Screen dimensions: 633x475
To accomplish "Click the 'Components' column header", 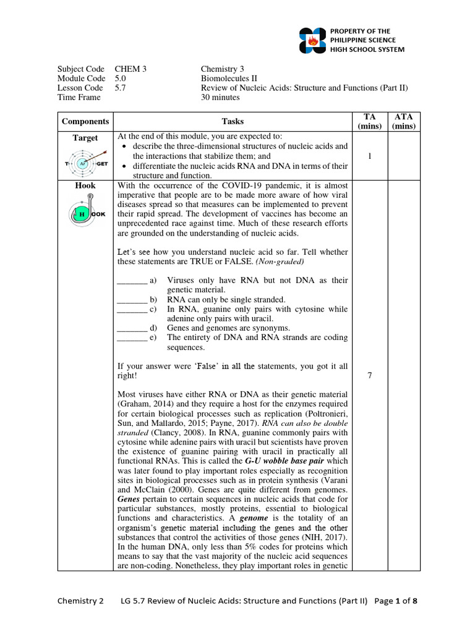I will click(85, 122).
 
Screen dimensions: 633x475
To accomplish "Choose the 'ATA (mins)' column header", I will click(404, 122).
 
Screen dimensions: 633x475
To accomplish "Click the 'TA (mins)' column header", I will click(369, 122).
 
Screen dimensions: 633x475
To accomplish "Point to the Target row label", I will click(85, 137).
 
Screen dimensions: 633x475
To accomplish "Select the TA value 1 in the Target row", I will click(369, 156).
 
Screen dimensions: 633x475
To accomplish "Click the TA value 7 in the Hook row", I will click(369, 375).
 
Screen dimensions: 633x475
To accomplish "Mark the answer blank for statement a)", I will click(131, 281).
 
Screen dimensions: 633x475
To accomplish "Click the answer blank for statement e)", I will click(131, 338).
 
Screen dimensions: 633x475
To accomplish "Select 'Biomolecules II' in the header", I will click(227, 79).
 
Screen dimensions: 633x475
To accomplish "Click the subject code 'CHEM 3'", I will click(131, 69).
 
